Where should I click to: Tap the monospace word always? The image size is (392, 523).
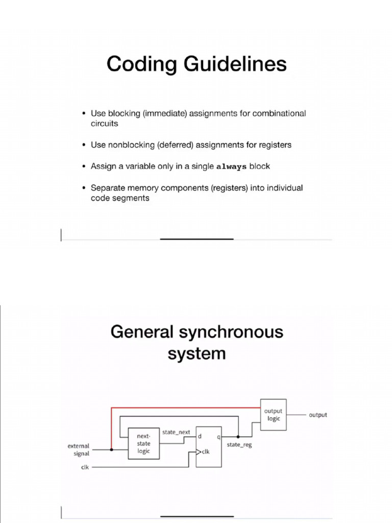point(232,167)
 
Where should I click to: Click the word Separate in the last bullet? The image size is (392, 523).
point(108,188)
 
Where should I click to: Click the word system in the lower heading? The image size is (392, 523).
point(197,353)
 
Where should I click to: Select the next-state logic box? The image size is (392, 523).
point(143,443)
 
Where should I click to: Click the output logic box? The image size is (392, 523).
point(273,415)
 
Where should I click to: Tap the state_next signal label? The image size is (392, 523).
point(176,432)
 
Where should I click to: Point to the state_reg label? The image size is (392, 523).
point(239,445)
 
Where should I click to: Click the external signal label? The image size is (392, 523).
point(79,449)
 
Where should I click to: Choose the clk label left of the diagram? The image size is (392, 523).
point(84,467)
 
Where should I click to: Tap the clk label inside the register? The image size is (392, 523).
point(205,451)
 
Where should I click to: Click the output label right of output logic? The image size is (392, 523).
point(318,415)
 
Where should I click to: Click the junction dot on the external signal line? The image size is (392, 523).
point(111,450)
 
